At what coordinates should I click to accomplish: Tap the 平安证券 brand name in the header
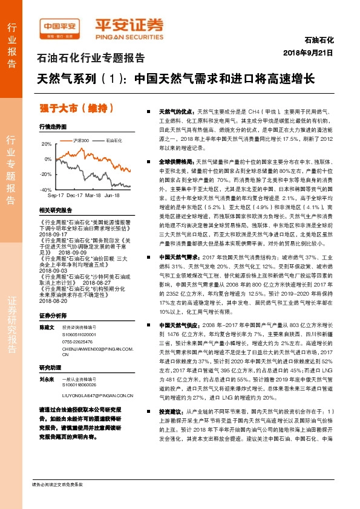pos(129,26)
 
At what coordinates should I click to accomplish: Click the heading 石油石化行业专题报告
pos(91,59)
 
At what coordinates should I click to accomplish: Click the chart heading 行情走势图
pos(53,127)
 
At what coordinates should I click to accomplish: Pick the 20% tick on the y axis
pos(47,144)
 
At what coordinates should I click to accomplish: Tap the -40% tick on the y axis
pos(46,190)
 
